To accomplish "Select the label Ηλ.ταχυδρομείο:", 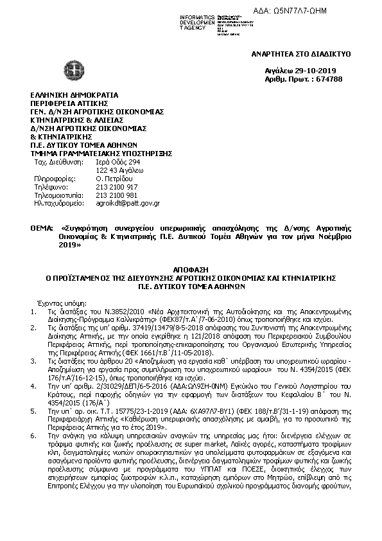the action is pos(59,203).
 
